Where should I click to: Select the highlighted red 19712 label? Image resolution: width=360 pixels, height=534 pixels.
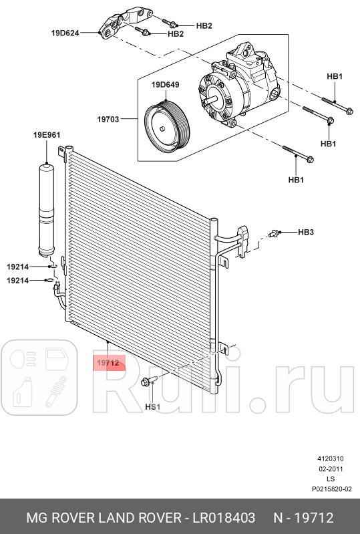click(x=108, y=364)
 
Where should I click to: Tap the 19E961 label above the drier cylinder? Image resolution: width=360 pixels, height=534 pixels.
click(x=47, y=135)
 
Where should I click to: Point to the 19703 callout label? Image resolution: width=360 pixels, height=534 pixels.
click(x=108, y=120)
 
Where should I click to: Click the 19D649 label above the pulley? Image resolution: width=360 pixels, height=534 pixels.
click(x=164, y=85)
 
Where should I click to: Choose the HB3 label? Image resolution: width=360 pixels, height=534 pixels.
click(x=305, y=233)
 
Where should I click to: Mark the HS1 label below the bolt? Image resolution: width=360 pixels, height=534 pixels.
click(x=153, y=406)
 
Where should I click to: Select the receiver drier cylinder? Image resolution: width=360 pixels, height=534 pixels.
click(x=47, y=208)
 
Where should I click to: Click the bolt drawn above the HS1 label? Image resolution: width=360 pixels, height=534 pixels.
click(x=148, y=382)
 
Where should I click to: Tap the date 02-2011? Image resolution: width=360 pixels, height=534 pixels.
click(x=330, y=469)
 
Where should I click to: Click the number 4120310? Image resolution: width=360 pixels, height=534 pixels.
click(x=330, y=459)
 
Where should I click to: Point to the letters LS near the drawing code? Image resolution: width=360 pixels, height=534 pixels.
click(x=330, y=479)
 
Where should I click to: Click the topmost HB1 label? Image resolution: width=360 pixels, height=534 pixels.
click(x=335, y=77)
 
